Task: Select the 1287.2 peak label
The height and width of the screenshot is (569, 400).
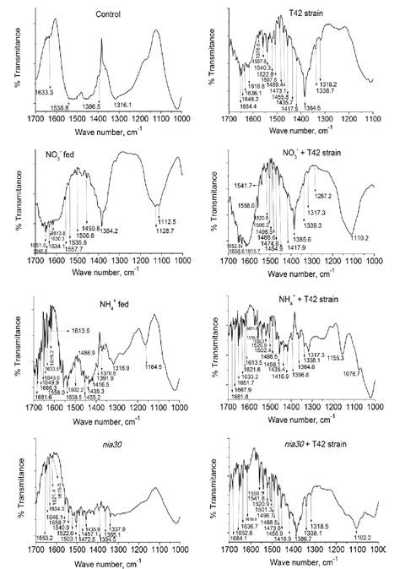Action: pyautogui.click(x=322, y=196)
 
